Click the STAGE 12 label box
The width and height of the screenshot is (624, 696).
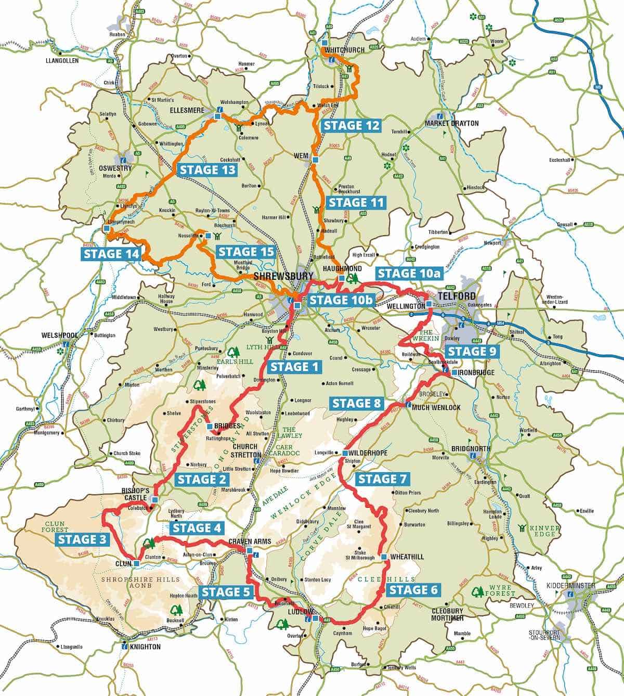point(351,125)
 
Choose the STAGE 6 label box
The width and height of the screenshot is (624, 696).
point(414,590)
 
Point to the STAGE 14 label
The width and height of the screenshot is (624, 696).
point(112,254)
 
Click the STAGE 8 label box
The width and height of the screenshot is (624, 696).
point(357,403)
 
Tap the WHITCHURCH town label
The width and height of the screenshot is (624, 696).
point(342,50)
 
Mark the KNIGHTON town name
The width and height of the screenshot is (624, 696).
point(145,647)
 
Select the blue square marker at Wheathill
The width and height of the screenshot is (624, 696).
point(383,557)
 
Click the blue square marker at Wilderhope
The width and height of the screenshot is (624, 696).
point(345,454)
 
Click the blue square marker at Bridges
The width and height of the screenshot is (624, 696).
point(210,427)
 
